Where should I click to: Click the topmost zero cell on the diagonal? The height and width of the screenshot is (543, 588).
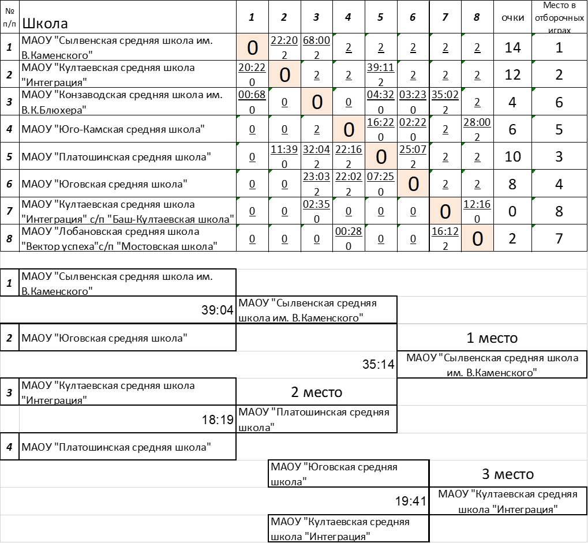[x=252, y=47]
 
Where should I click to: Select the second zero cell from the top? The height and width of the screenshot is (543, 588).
[x=284, y=74]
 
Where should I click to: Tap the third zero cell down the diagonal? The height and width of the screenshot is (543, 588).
[x=317, y=102]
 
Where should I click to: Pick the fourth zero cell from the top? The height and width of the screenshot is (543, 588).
[x=349, y=129]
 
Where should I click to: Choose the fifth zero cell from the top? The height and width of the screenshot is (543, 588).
[x=381, y=156]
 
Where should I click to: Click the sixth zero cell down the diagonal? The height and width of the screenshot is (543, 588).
[x=413, y=184]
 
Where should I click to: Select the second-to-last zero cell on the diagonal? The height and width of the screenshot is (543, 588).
[x=445, y=212]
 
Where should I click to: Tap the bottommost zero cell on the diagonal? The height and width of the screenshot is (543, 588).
[x=477, y=238]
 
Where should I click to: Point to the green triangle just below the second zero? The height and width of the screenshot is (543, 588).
[x=271, y=89]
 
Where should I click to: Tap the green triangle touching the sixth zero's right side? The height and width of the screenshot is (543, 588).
[x=432, y=171]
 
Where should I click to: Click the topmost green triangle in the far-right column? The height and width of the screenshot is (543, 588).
[x=534, y=35]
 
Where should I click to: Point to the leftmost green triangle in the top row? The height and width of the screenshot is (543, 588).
[x=335, y=35]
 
